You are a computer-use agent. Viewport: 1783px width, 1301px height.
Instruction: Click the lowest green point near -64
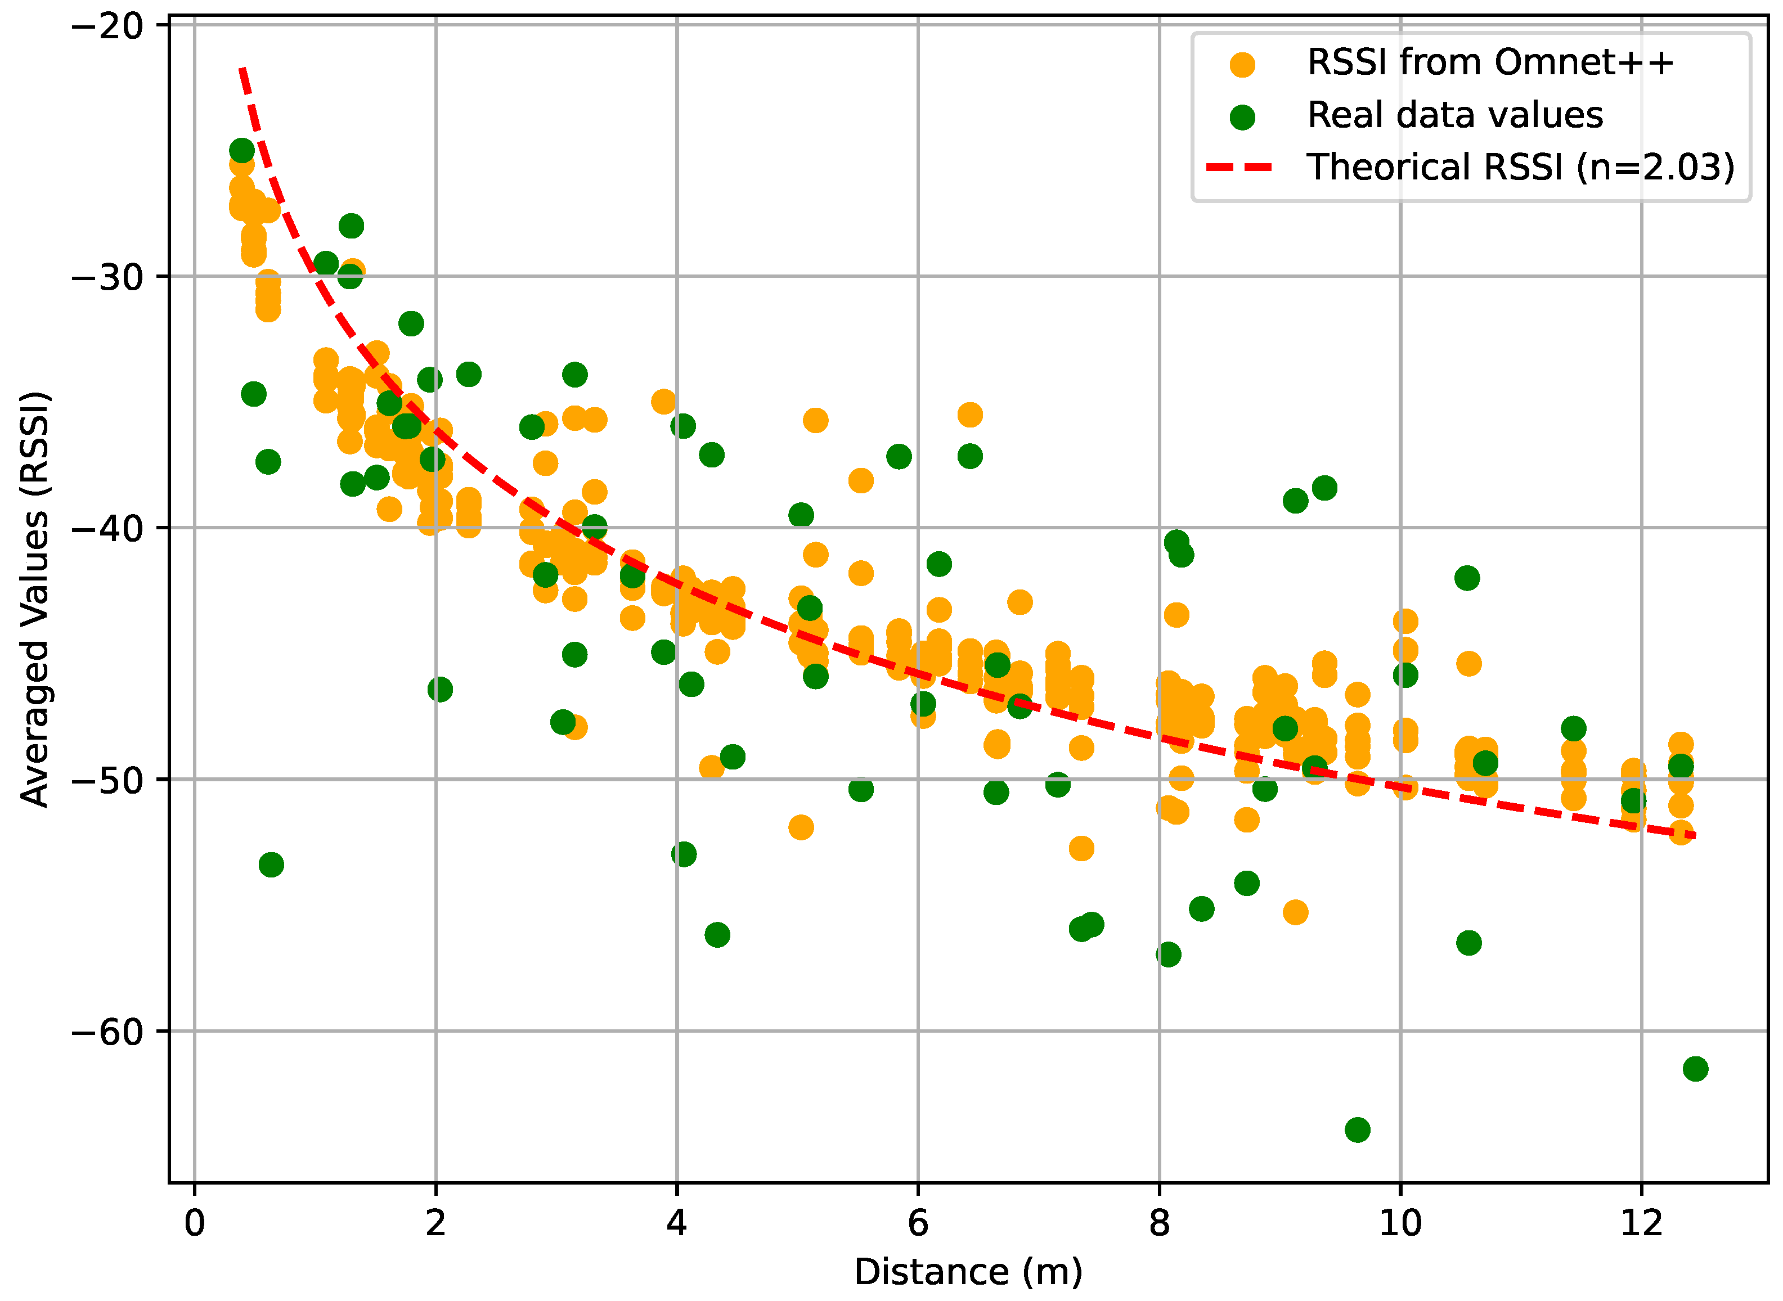click(1357, 1129)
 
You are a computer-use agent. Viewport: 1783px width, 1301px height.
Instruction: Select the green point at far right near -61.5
click(1695, 1069)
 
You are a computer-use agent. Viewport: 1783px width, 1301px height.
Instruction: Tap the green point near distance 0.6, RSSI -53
click(271, 865)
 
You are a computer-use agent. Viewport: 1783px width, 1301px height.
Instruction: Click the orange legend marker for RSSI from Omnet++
click(1242, 65)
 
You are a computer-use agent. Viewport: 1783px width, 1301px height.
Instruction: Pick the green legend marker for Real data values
click(1242, 118)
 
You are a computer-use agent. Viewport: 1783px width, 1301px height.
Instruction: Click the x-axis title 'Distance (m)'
click(968, 1272)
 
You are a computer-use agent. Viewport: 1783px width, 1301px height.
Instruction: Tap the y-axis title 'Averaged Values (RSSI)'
click(35, 598)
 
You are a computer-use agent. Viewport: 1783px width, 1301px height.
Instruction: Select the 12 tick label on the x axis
click(1641, 1223)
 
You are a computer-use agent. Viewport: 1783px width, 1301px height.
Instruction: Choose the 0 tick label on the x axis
click(195, 1223)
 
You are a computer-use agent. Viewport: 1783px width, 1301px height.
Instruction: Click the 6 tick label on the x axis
click(918, 1223)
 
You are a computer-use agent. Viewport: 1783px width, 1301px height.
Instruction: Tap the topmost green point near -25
click(242, 150)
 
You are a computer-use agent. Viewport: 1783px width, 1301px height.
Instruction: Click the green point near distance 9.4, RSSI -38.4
click(1324, 488)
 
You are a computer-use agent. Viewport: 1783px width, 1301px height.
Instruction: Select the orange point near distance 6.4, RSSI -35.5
click(969, 414)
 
